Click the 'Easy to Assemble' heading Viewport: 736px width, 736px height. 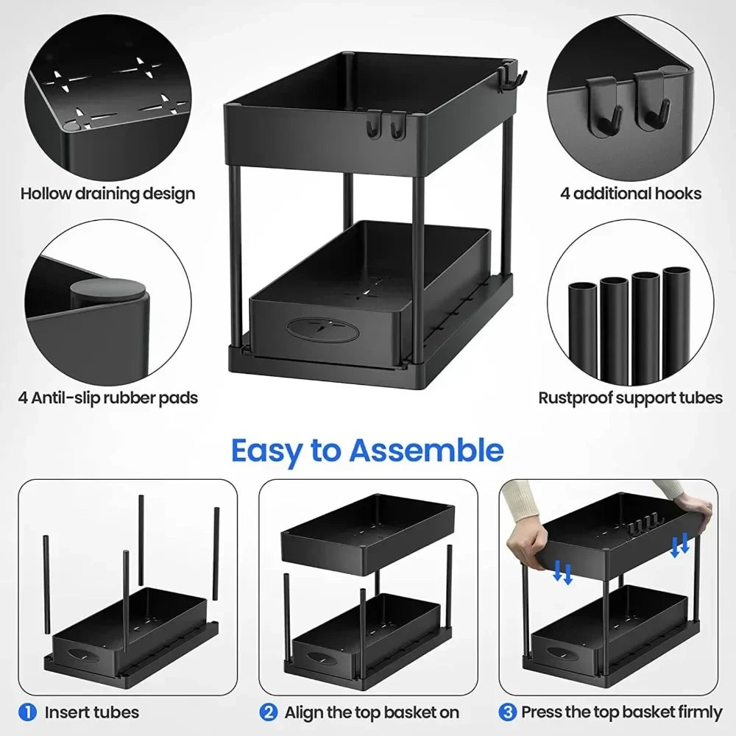[x=367, y=450]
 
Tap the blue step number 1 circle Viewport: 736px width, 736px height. [x=27, y=712]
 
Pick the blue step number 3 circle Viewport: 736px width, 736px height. [x=508, y=712]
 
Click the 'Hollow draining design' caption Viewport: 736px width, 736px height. [x=107, y=194]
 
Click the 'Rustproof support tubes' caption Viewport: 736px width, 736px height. [x=631, y=398]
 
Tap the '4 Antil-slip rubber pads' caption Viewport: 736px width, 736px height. [x=108, y=398]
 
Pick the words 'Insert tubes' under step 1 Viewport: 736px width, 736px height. [x=91, y=712]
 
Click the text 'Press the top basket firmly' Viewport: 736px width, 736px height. [x=622, y=712]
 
